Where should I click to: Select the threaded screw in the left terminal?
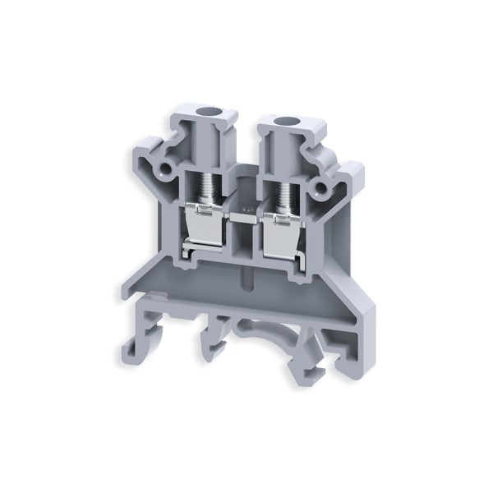coord(209,190)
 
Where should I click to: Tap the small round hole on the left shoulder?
coord(168,169)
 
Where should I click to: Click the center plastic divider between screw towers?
coord(244,185)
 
